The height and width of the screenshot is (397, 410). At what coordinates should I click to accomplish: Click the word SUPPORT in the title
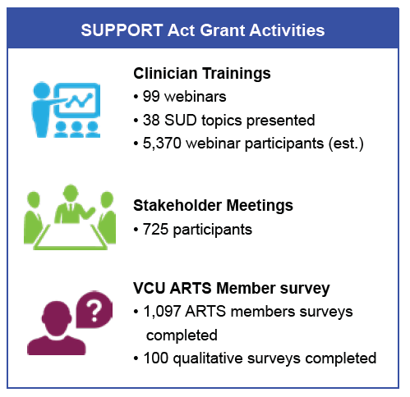click(x=122, y=30)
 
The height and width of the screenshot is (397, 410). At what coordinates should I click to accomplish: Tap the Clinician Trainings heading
click(x=202, y=73)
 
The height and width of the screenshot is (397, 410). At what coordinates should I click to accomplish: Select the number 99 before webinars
click(x=151, y=97)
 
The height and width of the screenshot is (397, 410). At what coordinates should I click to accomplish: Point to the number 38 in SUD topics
click(x=151, y=120)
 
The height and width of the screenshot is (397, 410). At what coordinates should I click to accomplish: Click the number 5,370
click(x=162, y=144)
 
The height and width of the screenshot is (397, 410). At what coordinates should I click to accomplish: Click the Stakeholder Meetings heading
click(x=213, y=205)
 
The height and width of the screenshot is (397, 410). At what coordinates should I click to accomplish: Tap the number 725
click(x=155, y=229)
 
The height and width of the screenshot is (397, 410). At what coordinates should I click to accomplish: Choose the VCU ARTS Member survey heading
click(x=232, y=288)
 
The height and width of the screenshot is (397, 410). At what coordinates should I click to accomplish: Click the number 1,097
click(x=162, y=312)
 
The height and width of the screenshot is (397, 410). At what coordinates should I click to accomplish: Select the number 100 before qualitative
click(x=156, y=358)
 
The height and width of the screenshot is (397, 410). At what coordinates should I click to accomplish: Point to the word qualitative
click(x=208, y=358)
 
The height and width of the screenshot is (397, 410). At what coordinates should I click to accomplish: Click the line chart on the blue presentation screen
click(x=79, y=100)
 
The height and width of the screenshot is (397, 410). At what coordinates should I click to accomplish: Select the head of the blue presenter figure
click(x=42, y=90)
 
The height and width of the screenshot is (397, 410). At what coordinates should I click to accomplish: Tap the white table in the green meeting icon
click(x=71, y=235)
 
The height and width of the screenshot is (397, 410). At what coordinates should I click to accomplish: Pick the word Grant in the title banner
click(x=222, y=30)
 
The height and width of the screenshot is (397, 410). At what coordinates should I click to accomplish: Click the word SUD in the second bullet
click(x=181, y=120)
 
